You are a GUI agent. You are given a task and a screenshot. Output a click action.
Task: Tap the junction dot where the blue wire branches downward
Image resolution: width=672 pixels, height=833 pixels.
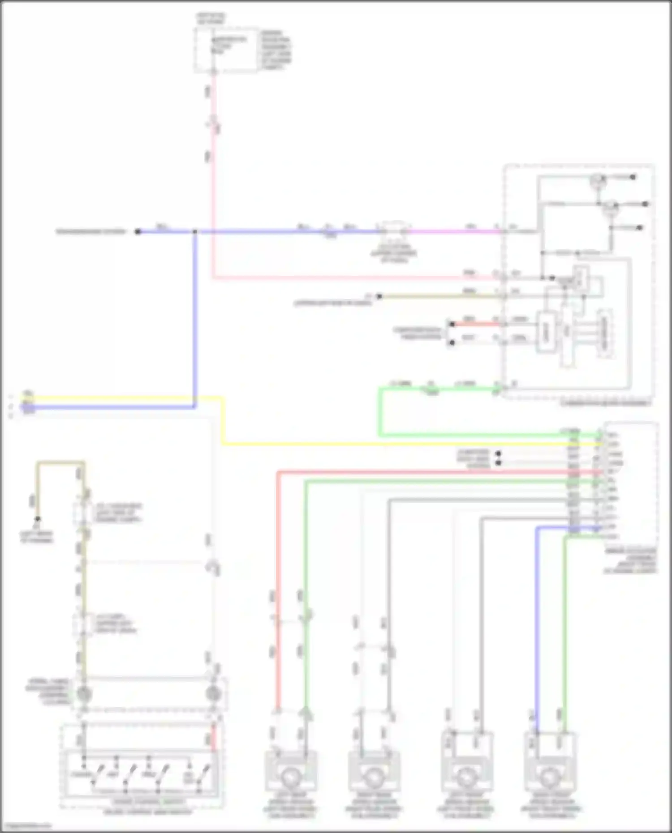tap(195, 231)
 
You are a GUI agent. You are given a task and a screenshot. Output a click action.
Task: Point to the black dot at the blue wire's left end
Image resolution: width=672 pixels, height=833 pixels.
tap(138, 231)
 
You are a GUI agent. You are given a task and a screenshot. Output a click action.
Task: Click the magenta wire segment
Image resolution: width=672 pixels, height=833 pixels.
tap(452, 231)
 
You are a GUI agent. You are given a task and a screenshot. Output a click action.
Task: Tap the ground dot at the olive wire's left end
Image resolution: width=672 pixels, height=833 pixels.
tap(38, 519)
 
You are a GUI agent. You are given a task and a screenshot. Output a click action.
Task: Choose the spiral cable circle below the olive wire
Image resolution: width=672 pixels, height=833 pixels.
tap(83, 694)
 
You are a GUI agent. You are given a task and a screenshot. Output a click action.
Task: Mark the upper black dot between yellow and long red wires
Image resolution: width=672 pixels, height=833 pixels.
tap(498, 453)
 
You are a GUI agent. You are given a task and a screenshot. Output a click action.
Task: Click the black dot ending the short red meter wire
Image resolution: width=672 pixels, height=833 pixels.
tap(452, 324)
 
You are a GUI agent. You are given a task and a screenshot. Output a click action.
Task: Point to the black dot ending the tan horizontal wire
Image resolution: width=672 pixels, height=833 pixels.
tap(379, 296)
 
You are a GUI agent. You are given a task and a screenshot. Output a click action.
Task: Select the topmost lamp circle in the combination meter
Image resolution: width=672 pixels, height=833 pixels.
tap(597, 179)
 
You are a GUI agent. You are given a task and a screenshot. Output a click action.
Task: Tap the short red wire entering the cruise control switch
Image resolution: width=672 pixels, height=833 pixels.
tap(214, 739)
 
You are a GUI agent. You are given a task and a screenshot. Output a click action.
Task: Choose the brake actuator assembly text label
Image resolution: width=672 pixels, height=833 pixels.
tap(630, 561)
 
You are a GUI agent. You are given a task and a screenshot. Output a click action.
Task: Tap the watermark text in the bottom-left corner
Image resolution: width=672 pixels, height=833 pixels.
tap(26, 826)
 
